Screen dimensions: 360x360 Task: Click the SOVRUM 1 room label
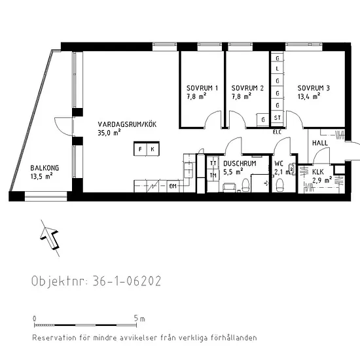[x=202, y=88]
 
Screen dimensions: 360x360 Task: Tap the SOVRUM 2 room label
[x=247, y=88]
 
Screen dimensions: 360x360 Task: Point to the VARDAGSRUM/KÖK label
[x=127, y=124]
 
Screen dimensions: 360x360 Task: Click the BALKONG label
[x=45, y=168]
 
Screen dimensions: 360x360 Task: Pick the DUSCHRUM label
[x=240, y=164]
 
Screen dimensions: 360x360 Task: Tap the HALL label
[x=320, y=143]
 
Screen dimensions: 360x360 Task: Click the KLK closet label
[x=317, y=171]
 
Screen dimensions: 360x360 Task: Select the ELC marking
[x=277, y=132]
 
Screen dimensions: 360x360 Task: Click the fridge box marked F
[x=140, y=149]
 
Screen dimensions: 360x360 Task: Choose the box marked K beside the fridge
[x=153, y=149]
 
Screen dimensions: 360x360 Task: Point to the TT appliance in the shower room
[x=213, y=163]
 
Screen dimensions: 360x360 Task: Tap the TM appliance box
[x=213, y=175]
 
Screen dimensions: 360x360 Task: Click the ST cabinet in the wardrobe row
[x=278, y=118]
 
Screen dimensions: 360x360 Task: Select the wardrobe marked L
[x=278, y=69]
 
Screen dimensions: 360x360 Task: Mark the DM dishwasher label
[x=173, y=186]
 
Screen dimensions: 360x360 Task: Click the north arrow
[x=50, y=238]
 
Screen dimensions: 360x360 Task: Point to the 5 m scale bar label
[x=139, y=319]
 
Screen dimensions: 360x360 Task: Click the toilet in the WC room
[x=279, y=185]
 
